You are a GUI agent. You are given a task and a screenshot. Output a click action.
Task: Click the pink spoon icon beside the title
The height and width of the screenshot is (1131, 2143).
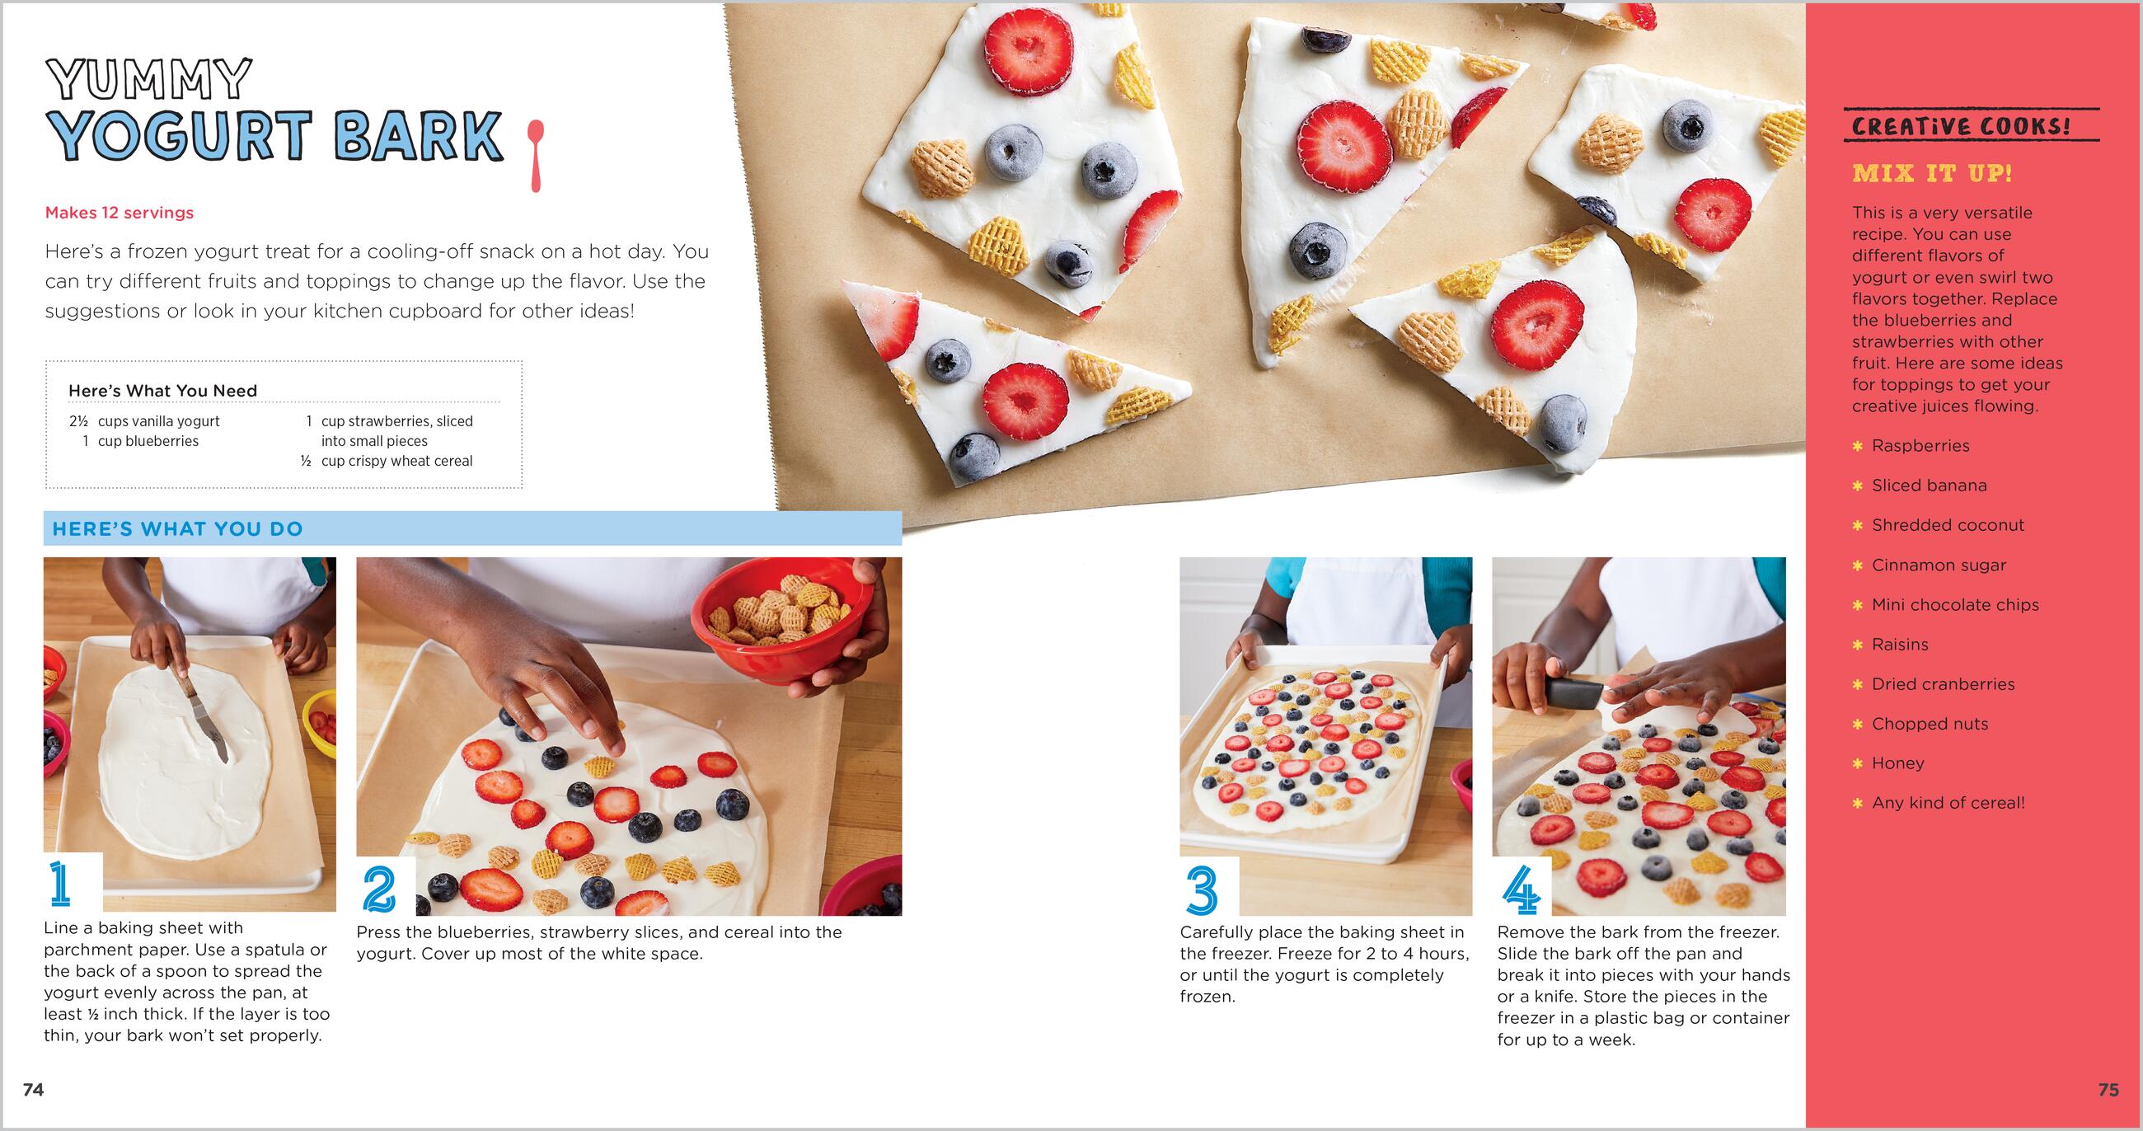(x=536, y=155)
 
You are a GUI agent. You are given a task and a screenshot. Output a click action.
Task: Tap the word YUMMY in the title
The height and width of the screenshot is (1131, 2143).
(x=150, y=80)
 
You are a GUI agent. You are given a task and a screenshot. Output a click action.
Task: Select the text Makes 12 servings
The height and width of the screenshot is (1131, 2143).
(x=119, y=213)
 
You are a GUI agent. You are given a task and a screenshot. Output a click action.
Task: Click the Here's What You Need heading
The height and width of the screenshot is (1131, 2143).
(x=162, y=391)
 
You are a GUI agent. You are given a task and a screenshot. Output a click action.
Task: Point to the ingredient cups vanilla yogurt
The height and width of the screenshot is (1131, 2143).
(x=159, y=421)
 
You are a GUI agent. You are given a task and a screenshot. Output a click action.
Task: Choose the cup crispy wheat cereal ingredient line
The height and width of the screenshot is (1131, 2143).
(x=396, y=461)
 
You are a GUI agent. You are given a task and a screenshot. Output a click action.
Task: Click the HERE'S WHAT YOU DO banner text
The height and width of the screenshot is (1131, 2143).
(x=177, y=529)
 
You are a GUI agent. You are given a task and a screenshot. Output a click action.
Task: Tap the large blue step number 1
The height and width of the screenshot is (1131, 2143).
(x=60, y=884)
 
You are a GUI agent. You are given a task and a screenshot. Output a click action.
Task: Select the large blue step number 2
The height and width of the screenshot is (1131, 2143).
(x=379, y=889)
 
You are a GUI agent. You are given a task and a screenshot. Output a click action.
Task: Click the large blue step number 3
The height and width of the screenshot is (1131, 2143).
(x=1202, y=889)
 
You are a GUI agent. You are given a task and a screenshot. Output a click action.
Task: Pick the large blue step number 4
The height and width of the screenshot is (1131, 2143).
(x=1522, y=889)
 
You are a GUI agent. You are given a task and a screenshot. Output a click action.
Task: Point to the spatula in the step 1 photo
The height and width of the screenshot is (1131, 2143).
(x=199, y=707)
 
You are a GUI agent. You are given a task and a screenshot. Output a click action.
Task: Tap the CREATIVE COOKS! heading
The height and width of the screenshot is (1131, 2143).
(x=1962, y=126)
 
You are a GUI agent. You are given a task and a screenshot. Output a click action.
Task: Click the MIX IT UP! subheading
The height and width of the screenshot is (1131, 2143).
(x=1932, y=174)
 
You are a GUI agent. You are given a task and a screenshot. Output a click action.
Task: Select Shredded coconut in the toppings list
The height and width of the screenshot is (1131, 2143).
(x=1948, y=525)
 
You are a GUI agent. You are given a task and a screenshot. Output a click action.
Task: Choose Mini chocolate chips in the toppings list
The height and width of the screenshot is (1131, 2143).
(x=1955, y=605)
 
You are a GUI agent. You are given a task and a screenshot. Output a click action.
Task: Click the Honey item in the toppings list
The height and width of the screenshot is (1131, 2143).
(x=1897, y=763)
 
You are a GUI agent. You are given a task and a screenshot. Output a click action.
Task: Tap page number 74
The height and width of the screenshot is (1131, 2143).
(x=33, y=1090)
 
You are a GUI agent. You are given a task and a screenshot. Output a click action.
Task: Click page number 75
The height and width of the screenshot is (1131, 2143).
(x=2109, y=1090)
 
